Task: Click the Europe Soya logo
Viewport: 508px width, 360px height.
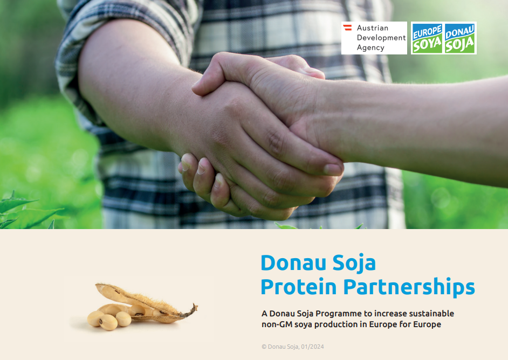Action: (x=427, y=38)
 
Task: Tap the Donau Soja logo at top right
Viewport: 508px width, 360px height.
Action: (x=459, y=38)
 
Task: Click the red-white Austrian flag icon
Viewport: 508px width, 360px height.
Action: (x=347, y=27)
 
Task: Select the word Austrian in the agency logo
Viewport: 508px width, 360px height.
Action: (x=373, y=28)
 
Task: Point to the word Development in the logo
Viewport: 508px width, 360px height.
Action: (x=381, y=38)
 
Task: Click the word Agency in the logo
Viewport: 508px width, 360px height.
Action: (x=370, y=47)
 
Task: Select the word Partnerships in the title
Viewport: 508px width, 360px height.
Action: (x=409, y=287)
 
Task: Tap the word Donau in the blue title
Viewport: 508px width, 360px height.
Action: (x=293, y=262)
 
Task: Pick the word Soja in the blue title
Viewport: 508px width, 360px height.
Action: (x=354, y=263)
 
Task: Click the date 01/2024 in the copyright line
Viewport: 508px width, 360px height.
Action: (x=312, y=347)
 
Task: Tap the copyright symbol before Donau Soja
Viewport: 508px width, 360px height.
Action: (x=264, y=347)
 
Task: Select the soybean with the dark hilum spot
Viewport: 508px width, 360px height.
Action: (x=108, y=322)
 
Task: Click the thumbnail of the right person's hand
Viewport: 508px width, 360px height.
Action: (x=332, y=169)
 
